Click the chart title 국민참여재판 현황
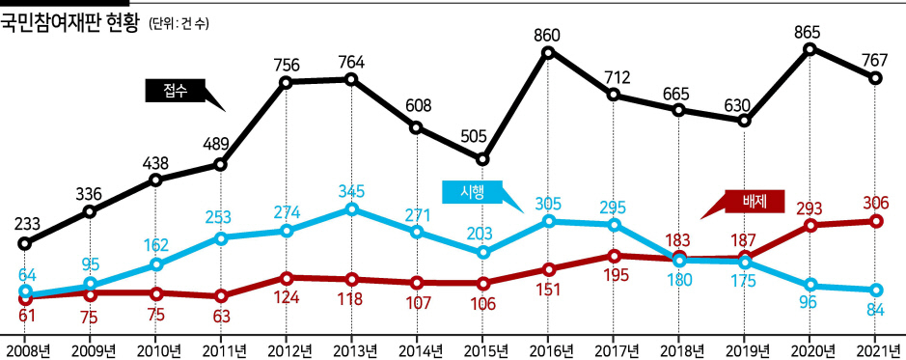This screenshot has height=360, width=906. pyautogui.click(x=69, y=23)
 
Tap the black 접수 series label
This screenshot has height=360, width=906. pyautogui.click(x=176, y=91)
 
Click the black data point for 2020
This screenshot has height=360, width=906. pyautogui.click(x=810, y=49)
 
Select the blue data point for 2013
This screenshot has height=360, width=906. pyautogui.click(x=351, y=209)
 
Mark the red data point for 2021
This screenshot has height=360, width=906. pyautogui.click(x=876, y=221)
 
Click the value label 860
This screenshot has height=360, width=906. pyautogui.click(x=547, y=36)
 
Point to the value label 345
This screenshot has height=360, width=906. pyautogui.click(x=351, y=191)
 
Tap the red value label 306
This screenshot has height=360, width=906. pyautogui.click(x=876, y=203)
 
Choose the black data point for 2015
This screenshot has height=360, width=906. pyautogui.click(x=482, y=159)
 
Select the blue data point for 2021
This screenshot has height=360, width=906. pyautogui.click(x=876, y=291)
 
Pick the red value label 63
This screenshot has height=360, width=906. pyautogui.click(x=221, y=316)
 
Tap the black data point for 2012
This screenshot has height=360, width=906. pyautogui.click(x=286, y=82)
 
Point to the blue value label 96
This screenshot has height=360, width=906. pyautogui.click(x=811, y=302)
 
